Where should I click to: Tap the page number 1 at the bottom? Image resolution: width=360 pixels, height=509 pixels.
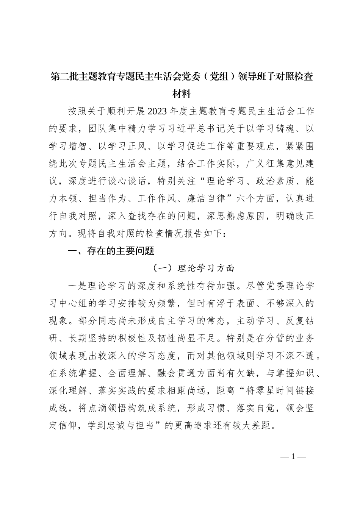(x=293, y=456)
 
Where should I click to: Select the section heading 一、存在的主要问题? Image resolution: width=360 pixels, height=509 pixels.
(x=110, y=251)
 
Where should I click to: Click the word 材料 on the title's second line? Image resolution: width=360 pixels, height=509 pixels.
(x=181, y=93)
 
